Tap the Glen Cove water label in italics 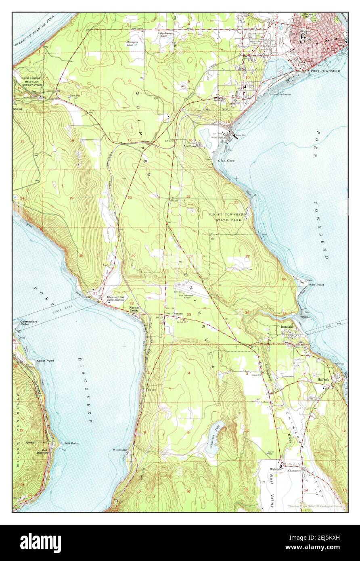point(226,160)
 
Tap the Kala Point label point(316,285)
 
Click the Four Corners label point(174,313)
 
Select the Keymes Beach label point(134,309)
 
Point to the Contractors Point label point(28,322)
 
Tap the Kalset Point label point(46,360)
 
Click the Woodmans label point(120,449)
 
